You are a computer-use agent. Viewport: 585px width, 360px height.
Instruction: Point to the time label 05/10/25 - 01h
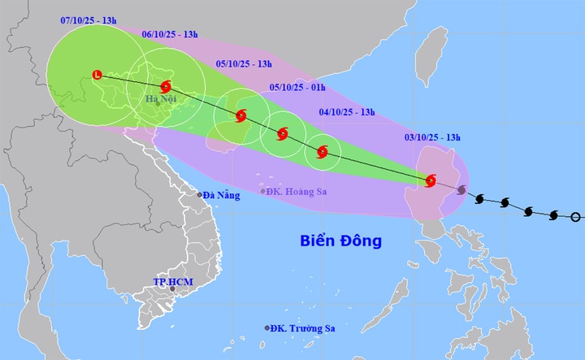point(297,88)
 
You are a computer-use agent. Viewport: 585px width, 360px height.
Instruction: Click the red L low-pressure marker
point(97,75)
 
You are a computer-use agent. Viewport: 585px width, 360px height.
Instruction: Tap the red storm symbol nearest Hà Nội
point(167,86)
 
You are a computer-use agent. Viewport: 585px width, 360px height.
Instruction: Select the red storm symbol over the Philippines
point(431,180)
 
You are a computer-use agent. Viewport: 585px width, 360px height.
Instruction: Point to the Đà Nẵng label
point(222,195)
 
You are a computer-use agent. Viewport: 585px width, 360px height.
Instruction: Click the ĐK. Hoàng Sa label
point(301,191)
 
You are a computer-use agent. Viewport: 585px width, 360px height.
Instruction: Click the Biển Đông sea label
point(340,241)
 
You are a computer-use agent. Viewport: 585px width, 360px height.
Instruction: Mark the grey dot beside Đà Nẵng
point(199,194)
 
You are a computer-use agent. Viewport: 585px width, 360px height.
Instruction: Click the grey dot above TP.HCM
point(172,288)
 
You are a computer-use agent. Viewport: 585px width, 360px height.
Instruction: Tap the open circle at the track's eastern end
point(576,216)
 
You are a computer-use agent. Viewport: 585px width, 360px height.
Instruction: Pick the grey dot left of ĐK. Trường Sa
point(267,328)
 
